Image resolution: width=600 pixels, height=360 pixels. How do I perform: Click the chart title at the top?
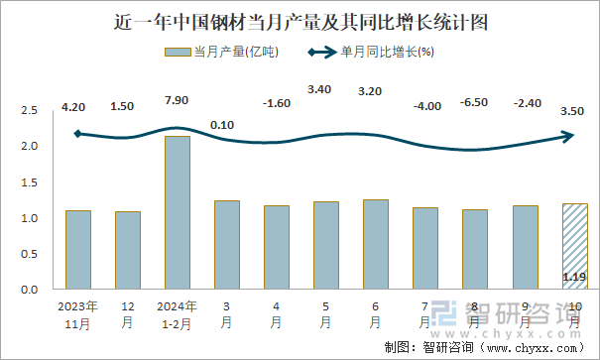[300, 20]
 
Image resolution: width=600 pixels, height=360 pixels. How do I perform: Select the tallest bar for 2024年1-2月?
[178, 212]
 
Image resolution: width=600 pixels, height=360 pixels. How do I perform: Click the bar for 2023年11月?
[78, 250]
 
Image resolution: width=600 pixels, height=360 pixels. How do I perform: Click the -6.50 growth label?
[475, 102]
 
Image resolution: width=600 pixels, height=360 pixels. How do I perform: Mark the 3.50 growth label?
[571, 113]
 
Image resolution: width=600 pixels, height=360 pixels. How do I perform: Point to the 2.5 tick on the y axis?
[29, 111]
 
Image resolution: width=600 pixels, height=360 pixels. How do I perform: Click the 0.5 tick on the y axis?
[29, 254]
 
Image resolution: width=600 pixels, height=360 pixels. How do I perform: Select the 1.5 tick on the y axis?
[29, 182]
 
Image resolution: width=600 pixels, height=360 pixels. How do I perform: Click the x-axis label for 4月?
[277, 314]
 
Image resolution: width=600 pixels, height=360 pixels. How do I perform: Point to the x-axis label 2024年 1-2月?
[178, 314]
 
